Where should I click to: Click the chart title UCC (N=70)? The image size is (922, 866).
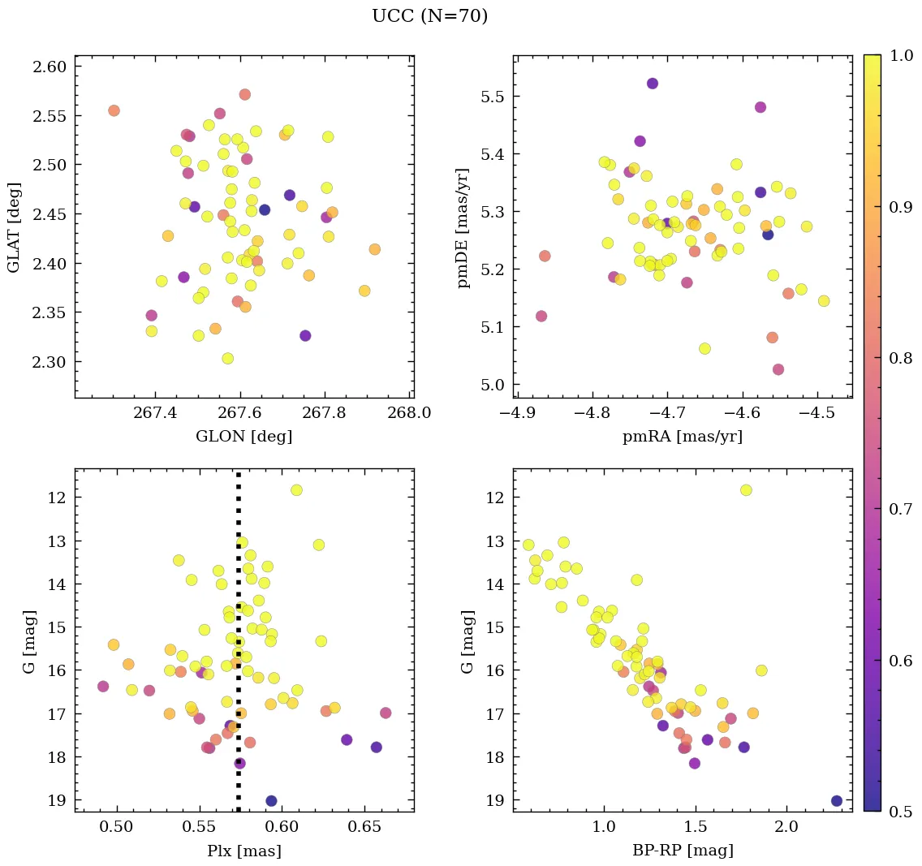point(430,16)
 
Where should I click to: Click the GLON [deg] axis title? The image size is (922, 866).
point(243,437)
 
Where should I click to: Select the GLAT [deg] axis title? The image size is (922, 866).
point(14,227)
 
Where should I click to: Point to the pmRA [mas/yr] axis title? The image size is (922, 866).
point(682,437)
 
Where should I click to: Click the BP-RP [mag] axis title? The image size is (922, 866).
point(682,851)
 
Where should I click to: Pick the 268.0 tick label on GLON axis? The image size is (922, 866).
point(409,412)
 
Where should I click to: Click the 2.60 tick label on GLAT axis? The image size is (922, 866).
point(50,67)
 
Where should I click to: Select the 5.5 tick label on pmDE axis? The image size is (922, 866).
point(493,97)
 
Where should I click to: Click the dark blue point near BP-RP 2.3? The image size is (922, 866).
point(837,801)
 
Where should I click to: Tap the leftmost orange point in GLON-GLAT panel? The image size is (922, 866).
point(114,110)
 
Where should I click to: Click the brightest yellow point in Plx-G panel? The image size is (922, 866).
point(296,489)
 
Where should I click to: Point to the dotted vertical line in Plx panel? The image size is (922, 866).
point(238,617)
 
